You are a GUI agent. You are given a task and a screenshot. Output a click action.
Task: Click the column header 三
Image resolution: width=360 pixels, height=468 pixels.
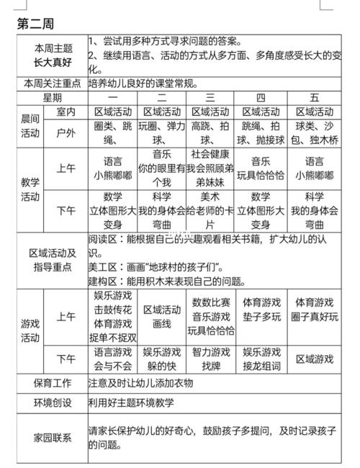[210, 98]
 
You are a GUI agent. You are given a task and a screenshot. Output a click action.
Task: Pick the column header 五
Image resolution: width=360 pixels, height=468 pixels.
[314, 98]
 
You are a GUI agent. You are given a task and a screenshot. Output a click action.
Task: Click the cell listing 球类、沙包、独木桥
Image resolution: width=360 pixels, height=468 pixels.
[314, 133]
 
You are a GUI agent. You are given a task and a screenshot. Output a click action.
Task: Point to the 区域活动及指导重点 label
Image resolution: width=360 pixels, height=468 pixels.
[52, 260]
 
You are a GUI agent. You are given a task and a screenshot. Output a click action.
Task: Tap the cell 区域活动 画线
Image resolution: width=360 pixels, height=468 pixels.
[161, 317]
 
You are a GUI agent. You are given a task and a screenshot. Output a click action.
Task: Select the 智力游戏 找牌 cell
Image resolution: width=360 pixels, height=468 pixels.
[210, 359]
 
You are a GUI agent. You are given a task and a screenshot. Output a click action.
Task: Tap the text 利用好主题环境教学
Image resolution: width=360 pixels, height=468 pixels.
[131, 403]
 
